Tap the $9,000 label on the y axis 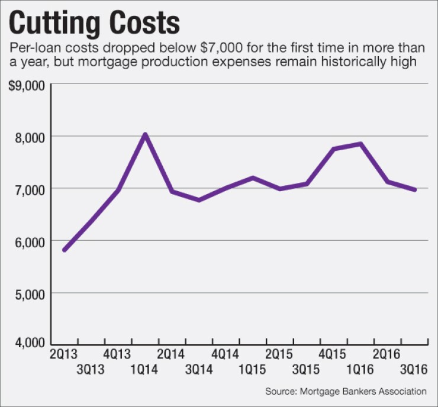pos(27,85)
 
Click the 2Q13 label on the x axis pos(64,354)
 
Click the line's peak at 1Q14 pos(144,134)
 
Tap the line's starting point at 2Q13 pos(64,250)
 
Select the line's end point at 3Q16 pos(414,190)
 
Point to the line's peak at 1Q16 pos(360,144)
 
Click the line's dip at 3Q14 pos(198,200)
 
